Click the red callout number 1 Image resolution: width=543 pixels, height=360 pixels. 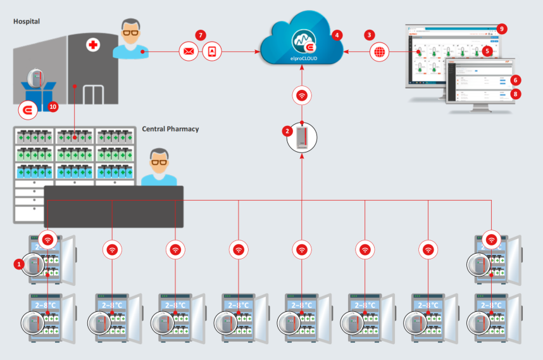tap(19, 263)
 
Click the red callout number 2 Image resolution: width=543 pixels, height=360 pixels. tap(287, 131)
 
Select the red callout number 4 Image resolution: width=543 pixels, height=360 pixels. tap(337, 35)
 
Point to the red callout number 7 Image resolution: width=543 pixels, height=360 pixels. tap(201, 35)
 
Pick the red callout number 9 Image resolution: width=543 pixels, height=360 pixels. tap(502, 28)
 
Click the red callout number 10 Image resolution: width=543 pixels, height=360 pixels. tap(53, 107)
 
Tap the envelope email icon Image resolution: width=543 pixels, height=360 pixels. tap(189, 51)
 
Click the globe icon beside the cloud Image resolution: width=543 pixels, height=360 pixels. tap(380, 52)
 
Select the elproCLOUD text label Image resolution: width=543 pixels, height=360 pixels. tap(302, 56)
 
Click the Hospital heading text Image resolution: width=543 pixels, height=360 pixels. tap(27, 22)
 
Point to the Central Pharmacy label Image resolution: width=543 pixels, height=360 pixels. tap(170, 129)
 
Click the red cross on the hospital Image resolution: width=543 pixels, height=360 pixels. tap(94, 45)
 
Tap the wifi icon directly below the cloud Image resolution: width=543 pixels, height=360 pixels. tap(302, 96)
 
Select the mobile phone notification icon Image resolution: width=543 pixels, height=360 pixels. tap(212, 51)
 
